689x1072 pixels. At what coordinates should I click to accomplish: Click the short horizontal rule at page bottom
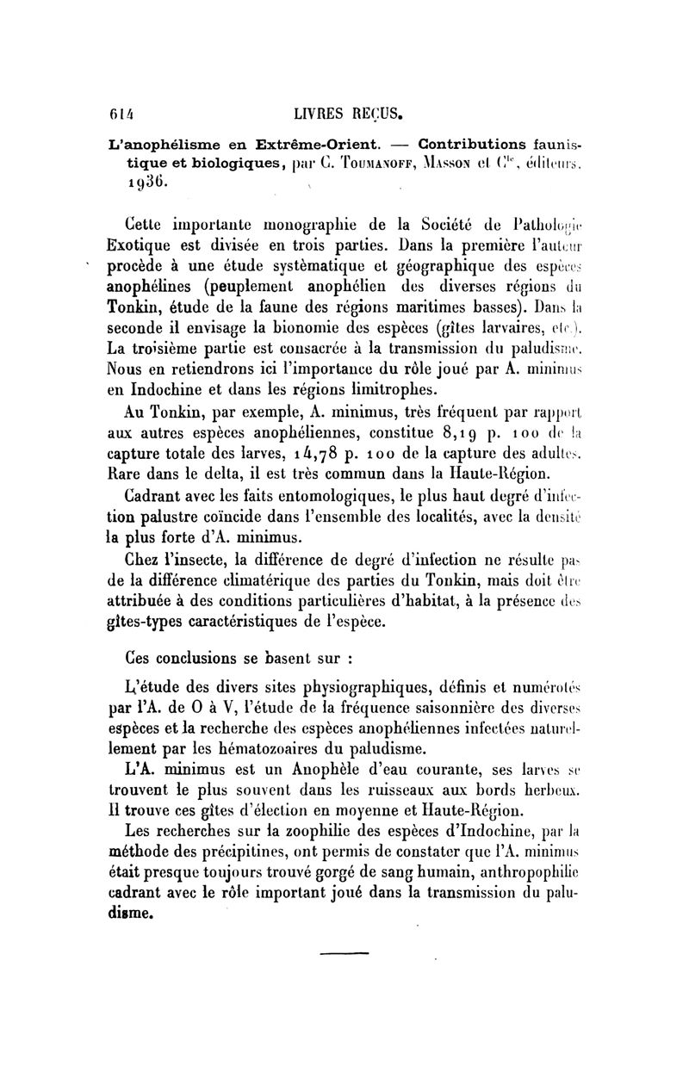tap(344, 951)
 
